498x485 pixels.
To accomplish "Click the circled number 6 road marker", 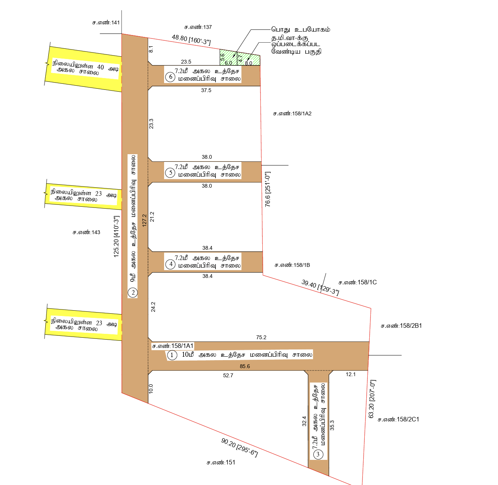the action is pos(171,77).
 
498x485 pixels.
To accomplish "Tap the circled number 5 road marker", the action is pos(171,173).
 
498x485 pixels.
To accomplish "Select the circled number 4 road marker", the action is pos(171,264).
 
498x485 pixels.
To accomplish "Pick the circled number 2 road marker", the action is pos(133,292).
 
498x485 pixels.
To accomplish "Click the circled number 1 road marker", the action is pos(172,355).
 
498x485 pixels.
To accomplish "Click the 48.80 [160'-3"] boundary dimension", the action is pos(191,40).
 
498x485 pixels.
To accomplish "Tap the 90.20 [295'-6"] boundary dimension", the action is pos(239,447).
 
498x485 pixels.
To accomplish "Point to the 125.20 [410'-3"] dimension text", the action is pos(116,236).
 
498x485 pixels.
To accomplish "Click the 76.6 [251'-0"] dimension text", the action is pos(268,189).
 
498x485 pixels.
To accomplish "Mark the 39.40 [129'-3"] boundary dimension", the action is pos(320,287).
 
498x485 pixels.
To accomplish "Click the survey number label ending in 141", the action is pos(106,22).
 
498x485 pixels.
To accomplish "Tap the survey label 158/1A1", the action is pos(173,346).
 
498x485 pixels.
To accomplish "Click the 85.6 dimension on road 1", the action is pos(245,366).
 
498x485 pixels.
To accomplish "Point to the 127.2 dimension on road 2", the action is pos(144,220).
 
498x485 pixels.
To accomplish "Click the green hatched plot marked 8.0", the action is pos(249,59).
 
